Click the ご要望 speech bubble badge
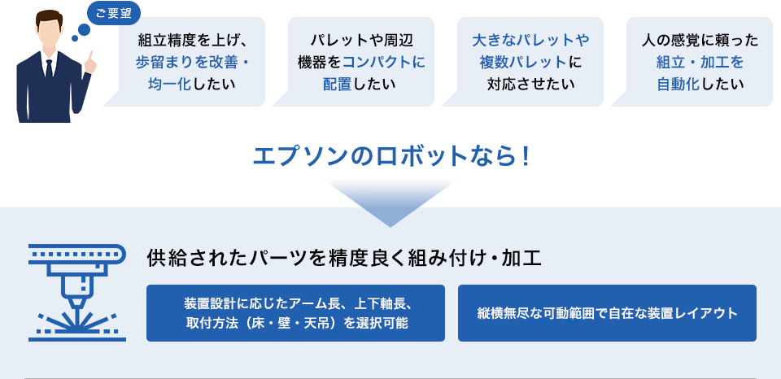click(114, 14)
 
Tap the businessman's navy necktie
click(49, 69)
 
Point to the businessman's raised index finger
click(90, 56)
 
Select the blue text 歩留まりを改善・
click(192, 62)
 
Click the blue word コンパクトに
click(384, 62)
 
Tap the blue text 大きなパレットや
click(530, 40)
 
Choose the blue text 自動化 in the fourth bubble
click(678, 84)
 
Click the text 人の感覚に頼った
click(700, 40)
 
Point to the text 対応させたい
click(530, 84)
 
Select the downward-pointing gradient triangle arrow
click(390, 203)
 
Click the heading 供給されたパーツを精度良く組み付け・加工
click(343, 259)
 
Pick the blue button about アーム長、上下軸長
click(295, 313)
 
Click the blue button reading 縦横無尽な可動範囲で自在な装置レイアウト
click(607, 313)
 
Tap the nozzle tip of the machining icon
click(76, 307)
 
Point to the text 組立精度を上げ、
click(192, 40)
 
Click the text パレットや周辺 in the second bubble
click(361, 40)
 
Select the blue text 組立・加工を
click(700, 62)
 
